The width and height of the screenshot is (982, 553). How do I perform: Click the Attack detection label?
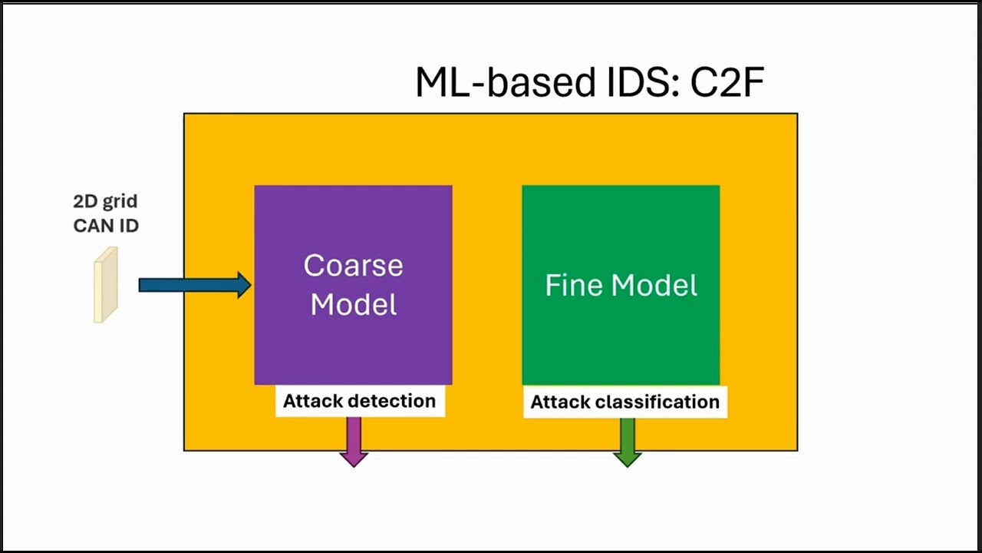pos(360,401)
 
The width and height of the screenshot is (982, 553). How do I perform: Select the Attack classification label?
pos(624,402)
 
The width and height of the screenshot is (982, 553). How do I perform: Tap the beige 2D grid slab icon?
pos(106,285)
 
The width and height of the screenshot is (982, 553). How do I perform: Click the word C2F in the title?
pos(727,82)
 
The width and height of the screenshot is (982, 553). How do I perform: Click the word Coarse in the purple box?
pos(353,266)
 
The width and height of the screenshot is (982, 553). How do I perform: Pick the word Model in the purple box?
pos(354,305)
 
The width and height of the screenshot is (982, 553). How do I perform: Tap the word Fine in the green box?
pos(568,286)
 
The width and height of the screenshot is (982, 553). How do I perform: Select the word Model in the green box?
pos(651,286)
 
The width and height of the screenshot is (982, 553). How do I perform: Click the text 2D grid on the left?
pos(105,201)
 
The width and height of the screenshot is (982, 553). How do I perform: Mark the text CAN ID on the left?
pos(106,225)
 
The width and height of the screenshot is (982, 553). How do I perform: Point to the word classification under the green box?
pos(661,402)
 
